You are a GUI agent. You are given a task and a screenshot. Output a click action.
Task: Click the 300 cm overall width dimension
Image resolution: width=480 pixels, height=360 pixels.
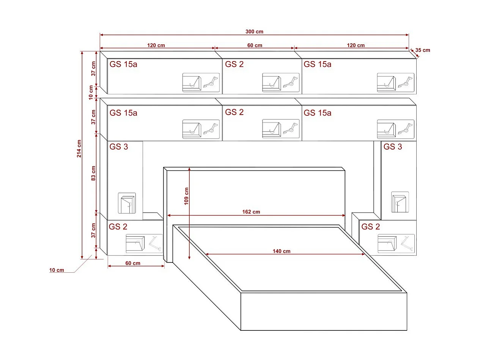254,32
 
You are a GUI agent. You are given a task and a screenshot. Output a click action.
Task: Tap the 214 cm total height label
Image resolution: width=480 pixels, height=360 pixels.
79,148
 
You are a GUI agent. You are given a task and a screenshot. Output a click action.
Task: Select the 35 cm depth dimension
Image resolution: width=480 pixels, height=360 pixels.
423,50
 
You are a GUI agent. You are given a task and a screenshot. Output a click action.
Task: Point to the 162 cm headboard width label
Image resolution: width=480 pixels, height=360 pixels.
251,212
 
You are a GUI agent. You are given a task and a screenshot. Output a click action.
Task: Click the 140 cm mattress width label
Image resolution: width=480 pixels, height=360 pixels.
282,251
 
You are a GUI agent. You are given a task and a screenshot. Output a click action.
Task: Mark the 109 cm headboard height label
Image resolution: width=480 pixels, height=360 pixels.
186,196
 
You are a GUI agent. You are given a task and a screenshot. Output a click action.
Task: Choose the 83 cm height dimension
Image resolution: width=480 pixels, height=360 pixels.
93,173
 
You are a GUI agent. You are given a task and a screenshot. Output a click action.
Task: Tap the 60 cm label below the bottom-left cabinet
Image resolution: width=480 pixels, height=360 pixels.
132,263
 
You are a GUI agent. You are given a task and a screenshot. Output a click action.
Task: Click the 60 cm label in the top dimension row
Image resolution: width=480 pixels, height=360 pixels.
255,45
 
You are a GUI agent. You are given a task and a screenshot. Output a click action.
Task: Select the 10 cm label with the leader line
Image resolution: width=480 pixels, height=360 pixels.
57,270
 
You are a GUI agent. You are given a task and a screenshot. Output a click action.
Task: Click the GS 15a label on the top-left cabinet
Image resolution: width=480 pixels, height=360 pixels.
123,64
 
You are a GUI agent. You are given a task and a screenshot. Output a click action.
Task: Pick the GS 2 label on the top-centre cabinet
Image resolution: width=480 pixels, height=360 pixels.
234,64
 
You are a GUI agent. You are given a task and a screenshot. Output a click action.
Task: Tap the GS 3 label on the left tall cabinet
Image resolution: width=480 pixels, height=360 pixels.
119,147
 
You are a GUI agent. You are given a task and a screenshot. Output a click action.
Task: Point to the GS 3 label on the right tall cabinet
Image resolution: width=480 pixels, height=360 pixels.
393,147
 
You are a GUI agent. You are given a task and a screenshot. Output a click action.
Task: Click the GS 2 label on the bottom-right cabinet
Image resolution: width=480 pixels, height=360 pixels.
371,227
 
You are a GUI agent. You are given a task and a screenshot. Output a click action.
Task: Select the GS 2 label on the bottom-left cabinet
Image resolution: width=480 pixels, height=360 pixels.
118,227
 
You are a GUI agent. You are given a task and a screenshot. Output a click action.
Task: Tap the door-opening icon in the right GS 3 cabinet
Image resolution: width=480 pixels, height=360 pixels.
400,202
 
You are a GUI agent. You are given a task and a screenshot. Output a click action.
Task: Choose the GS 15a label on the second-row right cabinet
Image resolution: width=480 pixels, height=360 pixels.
318,113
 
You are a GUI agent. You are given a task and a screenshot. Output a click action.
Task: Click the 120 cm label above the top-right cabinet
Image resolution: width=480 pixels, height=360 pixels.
356,45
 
